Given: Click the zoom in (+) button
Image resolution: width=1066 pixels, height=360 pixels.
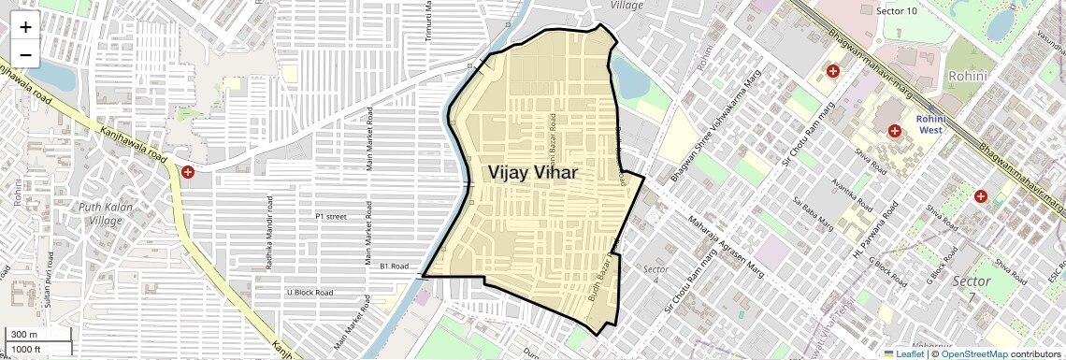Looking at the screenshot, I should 25,27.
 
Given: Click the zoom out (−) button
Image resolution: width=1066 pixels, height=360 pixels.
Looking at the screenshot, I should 25,55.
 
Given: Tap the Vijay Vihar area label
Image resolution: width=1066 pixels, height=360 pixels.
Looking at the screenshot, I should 532,173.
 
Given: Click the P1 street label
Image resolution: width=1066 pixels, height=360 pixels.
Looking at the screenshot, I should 331,216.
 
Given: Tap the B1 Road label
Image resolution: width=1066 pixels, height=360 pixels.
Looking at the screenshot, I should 394,266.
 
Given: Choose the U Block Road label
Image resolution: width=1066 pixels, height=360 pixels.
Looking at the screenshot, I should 310,293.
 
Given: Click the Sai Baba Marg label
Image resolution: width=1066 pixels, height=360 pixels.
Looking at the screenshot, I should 813,214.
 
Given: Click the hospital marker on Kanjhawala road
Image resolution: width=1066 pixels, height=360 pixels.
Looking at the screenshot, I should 189,172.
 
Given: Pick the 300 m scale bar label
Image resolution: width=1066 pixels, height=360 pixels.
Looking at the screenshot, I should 24,335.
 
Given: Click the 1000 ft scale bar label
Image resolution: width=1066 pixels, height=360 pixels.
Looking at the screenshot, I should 26,349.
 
